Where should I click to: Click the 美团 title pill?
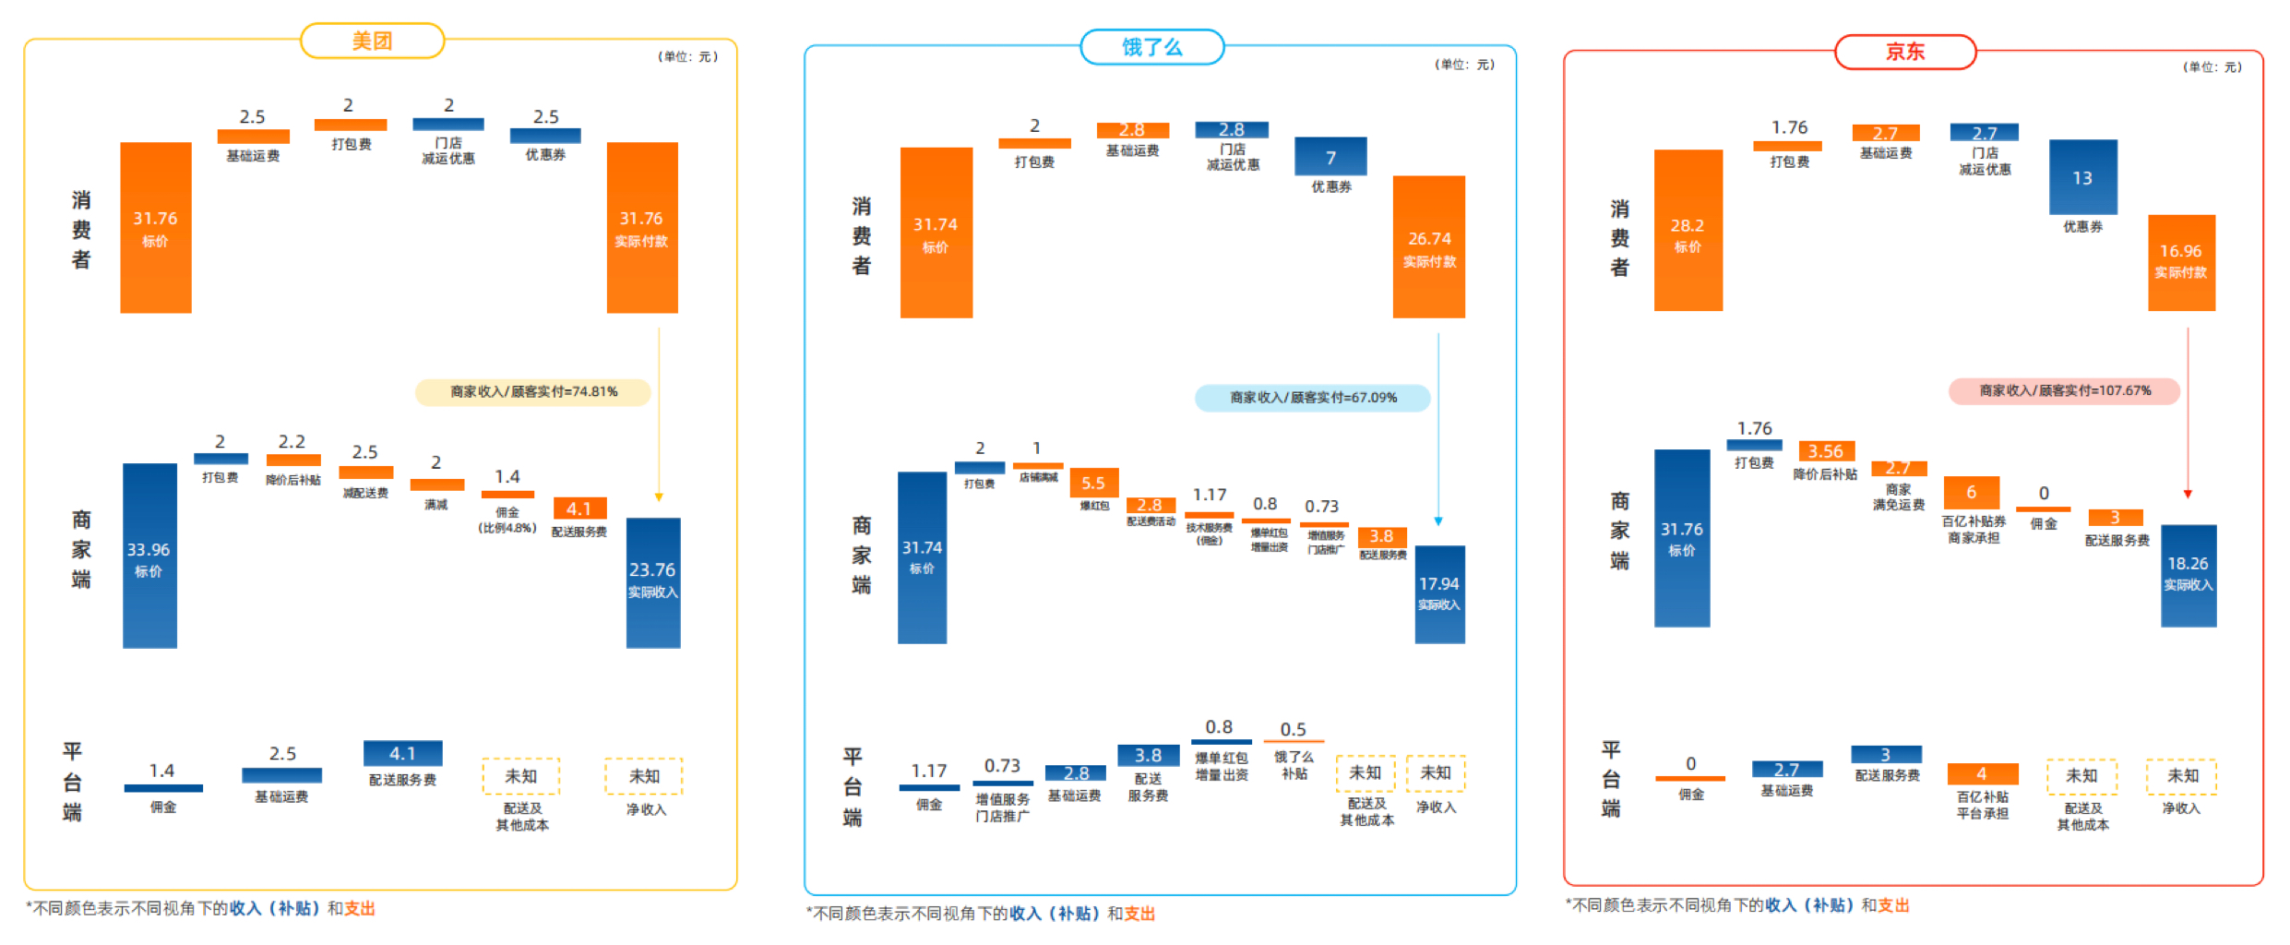372,41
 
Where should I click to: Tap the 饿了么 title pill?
1151,47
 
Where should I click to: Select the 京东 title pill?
1904,52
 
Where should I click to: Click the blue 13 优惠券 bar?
2082,177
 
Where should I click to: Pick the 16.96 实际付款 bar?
2181,262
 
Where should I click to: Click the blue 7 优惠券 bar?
1330,157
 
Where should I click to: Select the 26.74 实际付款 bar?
1428,247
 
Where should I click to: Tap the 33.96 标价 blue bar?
149,556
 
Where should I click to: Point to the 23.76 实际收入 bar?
653,582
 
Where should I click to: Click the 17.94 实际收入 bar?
1439,594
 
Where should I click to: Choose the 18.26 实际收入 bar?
2188,575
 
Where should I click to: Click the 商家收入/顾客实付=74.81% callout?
533,392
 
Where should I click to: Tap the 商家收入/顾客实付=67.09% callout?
1312,398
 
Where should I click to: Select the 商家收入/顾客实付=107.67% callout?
2064,391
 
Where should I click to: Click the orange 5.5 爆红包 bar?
1093,483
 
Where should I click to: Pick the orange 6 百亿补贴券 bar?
1971,492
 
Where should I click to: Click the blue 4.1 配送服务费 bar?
402,753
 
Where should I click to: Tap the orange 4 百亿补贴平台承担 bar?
1982,773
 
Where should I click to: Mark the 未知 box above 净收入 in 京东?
2181,776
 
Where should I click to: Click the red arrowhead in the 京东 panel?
2188,494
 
